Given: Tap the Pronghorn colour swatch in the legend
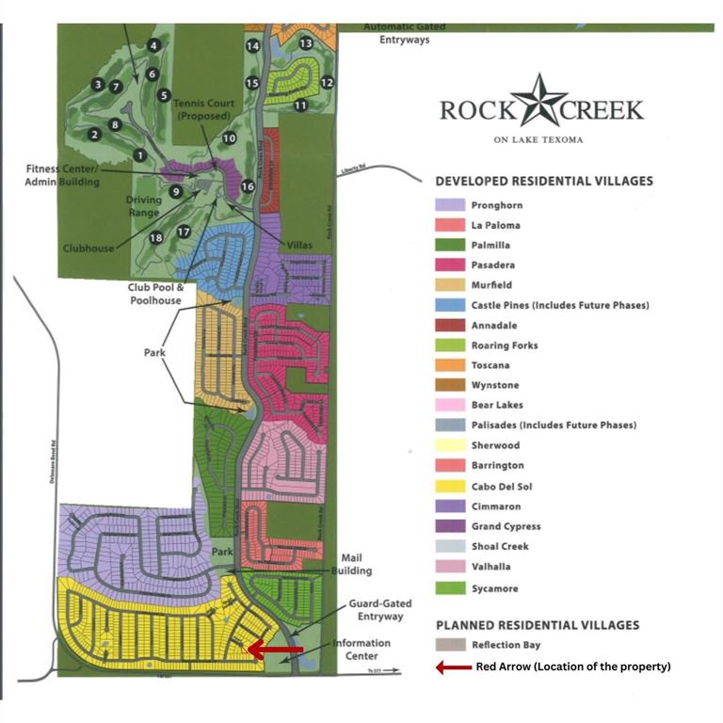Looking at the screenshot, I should point(449,205).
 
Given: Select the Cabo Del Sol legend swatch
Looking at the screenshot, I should point(449,486).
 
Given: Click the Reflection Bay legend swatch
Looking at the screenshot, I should point(449,645).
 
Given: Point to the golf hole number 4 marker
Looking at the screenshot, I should point(153,45).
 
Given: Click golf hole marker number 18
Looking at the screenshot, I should point(155,238).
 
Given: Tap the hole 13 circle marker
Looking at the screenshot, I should point(305,43).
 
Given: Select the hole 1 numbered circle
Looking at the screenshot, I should point(139,155).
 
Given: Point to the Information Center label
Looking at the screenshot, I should point(360,650).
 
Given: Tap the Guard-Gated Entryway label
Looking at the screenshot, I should point(376,610).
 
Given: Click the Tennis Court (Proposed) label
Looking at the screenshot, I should point(201,109).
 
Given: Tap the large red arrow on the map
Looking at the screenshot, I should point(275,650).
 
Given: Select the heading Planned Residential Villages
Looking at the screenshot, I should point(537,625).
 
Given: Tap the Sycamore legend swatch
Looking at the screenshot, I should point(449,589).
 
